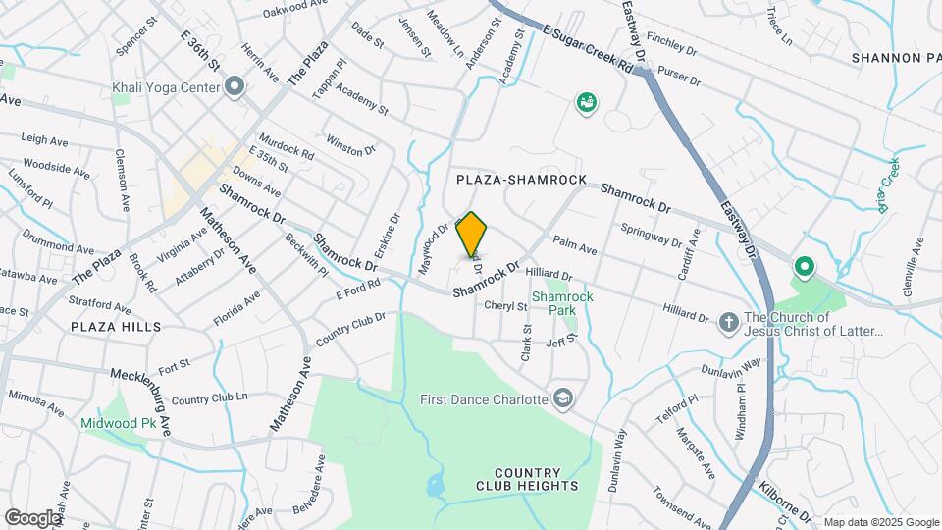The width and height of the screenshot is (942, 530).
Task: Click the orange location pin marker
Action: (x=472, y=235)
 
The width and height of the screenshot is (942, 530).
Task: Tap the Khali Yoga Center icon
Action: (x=235, y=87)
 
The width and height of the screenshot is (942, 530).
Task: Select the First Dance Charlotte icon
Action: (x=563, y=398)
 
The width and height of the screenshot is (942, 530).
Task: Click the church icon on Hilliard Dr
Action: (x=728, y=322)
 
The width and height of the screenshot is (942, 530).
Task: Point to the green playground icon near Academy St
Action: (x=587, y=102)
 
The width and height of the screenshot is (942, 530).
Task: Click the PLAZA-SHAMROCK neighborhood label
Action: (x=521, y=180)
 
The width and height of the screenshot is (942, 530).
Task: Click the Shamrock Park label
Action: (x=553, y=302)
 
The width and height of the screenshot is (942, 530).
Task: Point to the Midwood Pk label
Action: (x=121, y=423)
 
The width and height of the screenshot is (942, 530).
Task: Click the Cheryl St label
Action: (x=507, y=306)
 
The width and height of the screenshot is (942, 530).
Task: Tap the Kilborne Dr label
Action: (x=785, y=502)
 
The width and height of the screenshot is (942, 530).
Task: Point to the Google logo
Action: (x=33, y=517)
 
